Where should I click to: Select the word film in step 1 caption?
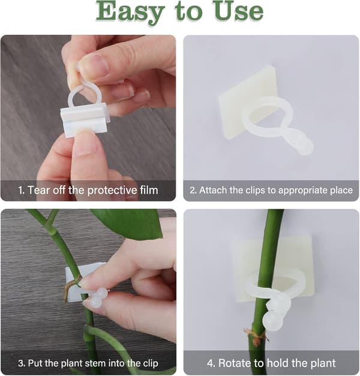[149, 190]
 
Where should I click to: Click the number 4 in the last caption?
[211, 363]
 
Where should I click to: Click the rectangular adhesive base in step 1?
[84, 121]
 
